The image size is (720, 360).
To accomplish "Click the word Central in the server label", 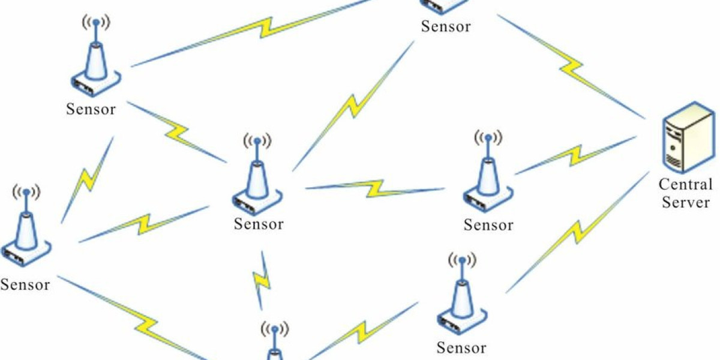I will pos(685,184).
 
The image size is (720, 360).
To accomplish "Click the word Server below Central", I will pos(685,202).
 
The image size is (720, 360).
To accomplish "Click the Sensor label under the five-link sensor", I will pos(259,224).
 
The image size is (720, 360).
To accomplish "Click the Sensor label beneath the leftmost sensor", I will pos(25,284).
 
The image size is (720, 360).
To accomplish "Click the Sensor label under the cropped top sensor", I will pos(446,26).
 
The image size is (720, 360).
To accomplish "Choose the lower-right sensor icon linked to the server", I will pos(461,297).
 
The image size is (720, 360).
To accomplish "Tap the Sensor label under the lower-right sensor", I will pos(461,347).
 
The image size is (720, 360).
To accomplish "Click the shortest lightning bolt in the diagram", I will pos(262,279).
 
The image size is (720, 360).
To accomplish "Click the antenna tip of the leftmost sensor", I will pos(26,193).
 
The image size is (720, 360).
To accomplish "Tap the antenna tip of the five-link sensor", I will pos(257,142).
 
